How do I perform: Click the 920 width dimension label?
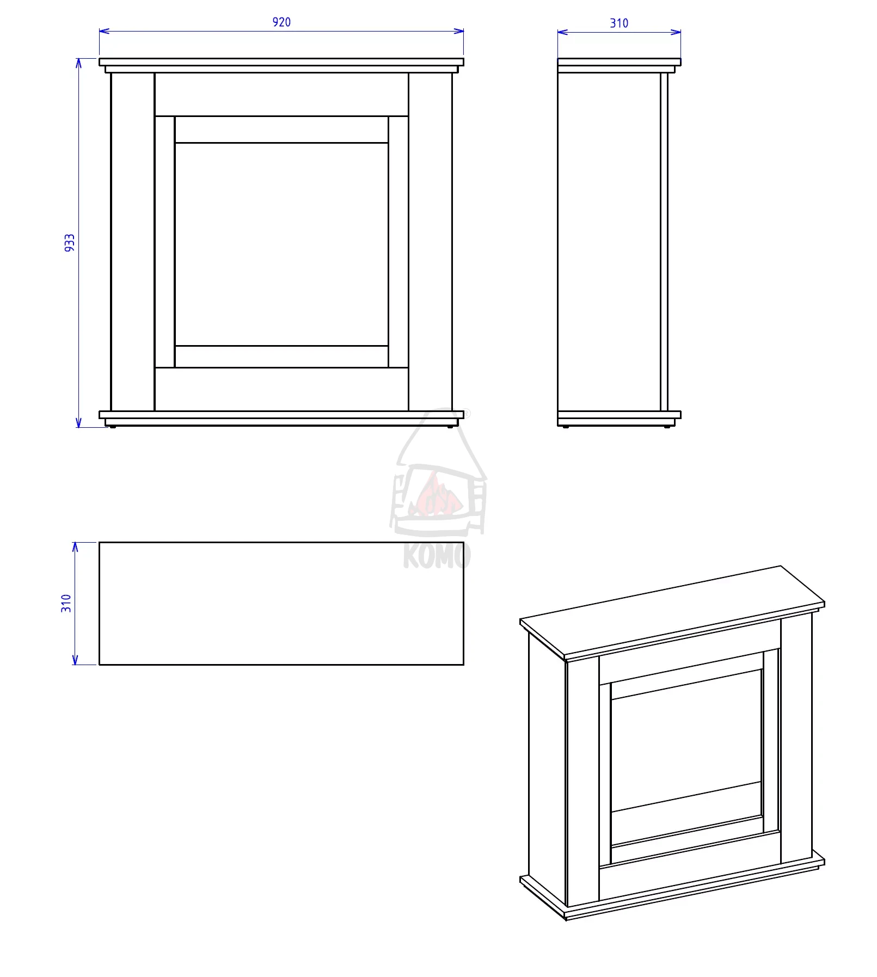pos(281,22)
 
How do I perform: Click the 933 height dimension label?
pos(70,243)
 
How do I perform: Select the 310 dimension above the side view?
pos(619,23)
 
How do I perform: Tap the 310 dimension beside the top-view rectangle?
pos(66,603)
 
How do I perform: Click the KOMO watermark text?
pos(437,556)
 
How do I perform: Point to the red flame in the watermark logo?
pos(436,495)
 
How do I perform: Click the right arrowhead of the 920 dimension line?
pos(458,31)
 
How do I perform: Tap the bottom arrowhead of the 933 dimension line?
pos(78,422)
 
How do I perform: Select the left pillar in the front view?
pos(133,242)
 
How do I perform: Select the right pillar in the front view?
pos(431,242)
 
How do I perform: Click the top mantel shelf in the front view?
pos(281,62)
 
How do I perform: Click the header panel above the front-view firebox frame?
pos(281,95)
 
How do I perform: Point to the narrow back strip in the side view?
pos(664,242)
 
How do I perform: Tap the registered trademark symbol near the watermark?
pos(467,414)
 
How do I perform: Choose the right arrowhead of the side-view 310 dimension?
pos(676,32)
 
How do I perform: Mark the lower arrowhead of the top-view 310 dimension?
pos(75,659)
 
